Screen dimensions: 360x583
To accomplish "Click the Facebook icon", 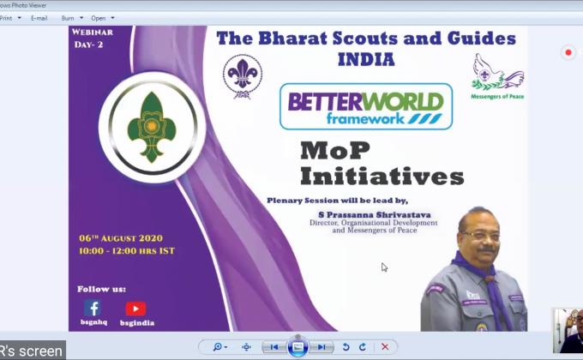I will coord(92,308).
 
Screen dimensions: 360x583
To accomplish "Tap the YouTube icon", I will coord(135,309).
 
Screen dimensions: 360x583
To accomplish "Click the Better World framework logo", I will coord(366,106).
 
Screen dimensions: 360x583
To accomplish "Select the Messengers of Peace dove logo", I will coord(497,74).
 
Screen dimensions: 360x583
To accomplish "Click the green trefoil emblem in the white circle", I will coord(152,128).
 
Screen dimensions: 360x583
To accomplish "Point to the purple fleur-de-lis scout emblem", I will coord(242,75).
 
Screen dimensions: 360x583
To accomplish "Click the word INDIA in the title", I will coord(365,60).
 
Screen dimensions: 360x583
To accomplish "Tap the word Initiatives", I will coord(382,177).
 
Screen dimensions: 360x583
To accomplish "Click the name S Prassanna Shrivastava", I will coord(373,214).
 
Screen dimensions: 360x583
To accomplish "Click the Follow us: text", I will coord(101,289).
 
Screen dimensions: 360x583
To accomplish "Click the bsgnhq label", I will coord(92,324).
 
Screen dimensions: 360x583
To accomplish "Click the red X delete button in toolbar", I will coord(385,346).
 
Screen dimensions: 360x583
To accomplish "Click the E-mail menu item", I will coord(39,17).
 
